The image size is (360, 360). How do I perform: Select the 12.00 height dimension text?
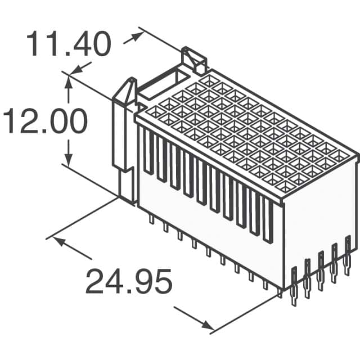pos(45,121)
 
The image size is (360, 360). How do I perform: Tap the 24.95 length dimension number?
pos(128,282)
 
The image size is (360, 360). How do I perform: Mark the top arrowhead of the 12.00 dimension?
pos(69,81)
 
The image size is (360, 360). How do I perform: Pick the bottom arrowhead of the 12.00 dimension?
pos(69,160)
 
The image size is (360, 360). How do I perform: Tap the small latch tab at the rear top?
pos(194,59)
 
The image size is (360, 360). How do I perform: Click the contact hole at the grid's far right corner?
pos(342,155)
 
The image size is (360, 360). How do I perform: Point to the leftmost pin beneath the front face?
pos(151,219)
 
